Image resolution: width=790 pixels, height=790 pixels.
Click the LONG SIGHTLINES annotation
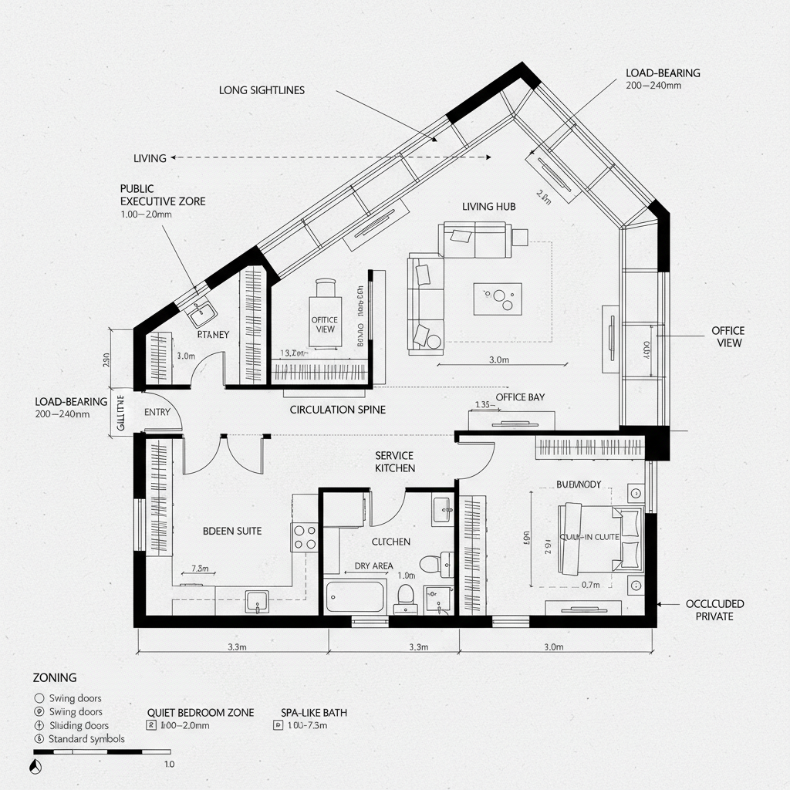click(262, 90)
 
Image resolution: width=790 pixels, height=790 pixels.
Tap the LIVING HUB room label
click(488, 206)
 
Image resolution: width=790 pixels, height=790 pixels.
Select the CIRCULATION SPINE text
click(337, 410)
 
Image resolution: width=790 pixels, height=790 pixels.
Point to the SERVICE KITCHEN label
click(395, 462)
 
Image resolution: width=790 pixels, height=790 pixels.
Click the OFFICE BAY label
click(520, 397)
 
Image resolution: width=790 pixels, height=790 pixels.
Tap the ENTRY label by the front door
click(157, 413)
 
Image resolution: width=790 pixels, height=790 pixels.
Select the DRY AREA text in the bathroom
click(373, 565)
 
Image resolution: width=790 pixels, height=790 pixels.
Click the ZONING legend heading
click(54, 677)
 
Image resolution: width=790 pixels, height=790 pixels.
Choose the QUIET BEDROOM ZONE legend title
click(200, 713)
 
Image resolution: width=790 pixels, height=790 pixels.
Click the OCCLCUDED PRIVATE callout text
click(714, 610)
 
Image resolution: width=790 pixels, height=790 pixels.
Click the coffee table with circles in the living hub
click(497, 299)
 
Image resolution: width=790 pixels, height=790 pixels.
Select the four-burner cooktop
click(304, 536)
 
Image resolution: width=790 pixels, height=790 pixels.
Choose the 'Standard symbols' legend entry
click(86, 739)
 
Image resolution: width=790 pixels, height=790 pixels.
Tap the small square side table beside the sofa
click(519, 237)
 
